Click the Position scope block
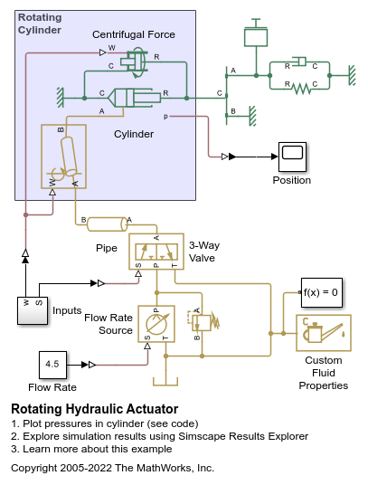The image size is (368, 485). pos(292,157)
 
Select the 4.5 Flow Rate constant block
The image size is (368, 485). pos(52,365)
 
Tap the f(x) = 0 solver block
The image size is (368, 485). pos(322,292)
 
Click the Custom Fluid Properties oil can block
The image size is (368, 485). pos(324,333)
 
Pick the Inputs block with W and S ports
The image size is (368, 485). pos(33,310)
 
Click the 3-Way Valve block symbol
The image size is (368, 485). pos(156,252)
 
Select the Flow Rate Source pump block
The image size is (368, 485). pos(156,324)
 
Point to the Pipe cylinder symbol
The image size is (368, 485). pos(107,224)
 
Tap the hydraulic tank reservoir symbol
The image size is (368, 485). pos(165,382)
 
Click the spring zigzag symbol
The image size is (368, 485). pos(301,89)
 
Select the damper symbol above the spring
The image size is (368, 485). pos(299,62)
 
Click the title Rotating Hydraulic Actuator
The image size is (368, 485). pos(95,409)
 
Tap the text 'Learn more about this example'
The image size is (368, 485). pos(98,449)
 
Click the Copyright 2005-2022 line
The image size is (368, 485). pos(112,468)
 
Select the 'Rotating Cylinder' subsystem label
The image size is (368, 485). pos(40,24)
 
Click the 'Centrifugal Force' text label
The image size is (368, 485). pos(134,34)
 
